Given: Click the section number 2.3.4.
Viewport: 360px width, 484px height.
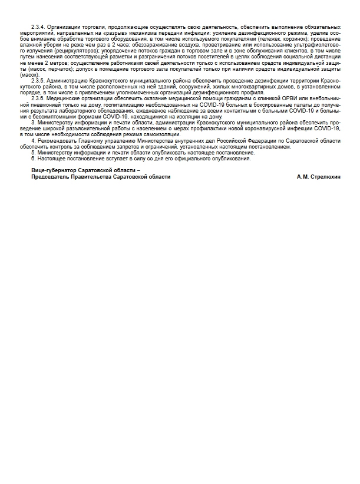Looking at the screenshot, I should point(37,27).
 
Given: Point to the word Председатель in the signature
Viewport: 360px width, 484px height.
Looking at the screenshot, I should point(49,177).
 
